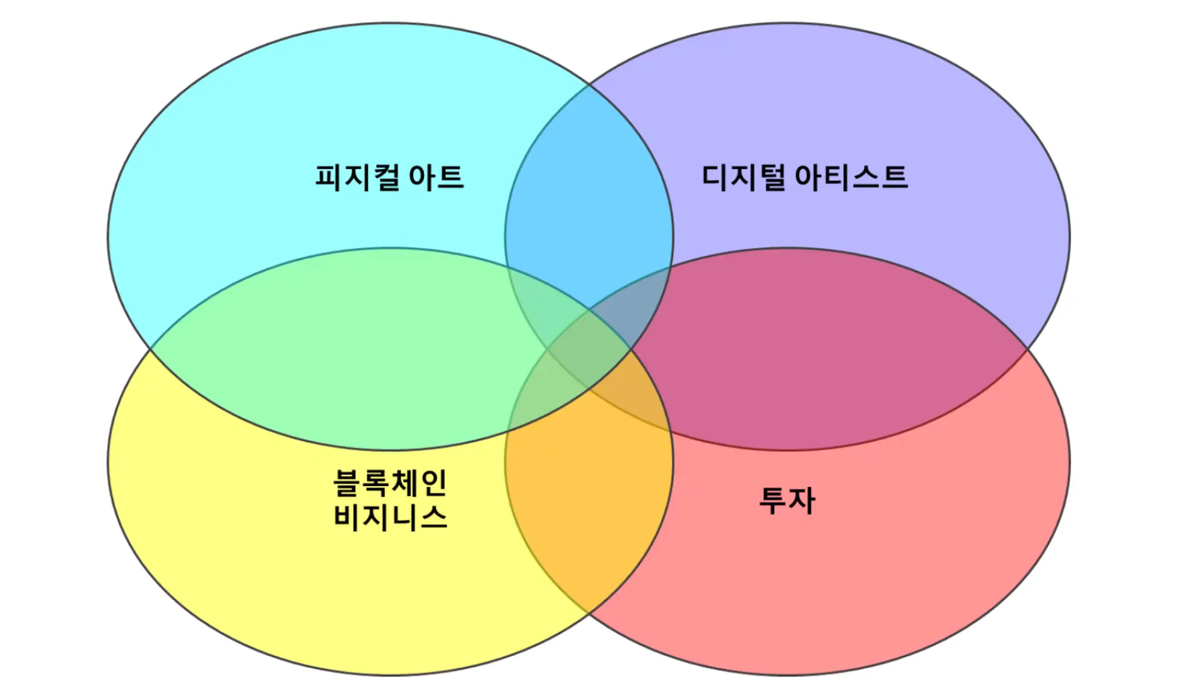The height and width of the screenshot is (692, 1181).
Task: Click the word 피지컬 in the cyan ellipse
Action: click(x=357, y=177)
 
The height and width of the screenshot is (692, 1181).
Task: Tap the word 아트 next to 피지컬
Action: click(x=436, y=177)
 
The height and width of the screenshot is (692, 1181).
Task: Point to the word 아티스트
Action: click(x=851, y=177)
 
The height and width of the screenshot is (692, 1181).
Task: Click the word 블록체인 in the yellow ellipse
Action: click(x=390, y=482)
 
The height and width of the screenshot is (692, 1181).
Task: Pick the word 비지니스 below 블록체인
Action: click(x=390, y=516)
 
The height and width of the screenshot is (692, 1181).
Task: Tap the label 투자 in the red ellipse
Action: click(x=787, y=500)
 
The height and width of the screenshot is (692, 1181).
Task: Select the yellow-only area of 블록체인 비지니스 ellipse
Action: click(x=261, y=551)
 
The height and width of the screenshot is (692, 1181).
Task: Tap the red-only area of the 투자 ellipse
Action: click(x=928, y=551)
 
